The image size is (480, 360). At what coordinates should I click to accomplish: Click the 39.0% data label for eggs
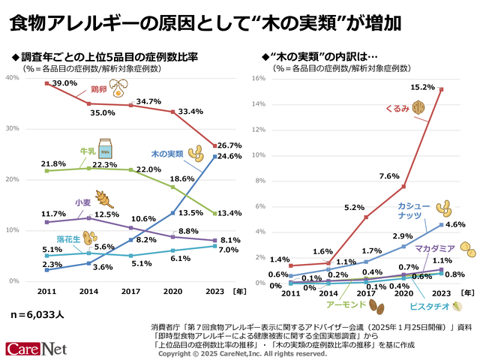[x=64, y=83]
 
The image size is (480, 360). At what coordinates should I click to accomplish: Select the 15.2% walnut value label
[x=423, y=88]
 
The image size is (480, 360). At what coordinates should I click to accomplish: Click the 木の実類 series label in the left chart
[x=167, y=154]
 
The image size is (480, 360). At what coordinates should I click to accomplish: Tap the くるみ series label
[x=397, y=108]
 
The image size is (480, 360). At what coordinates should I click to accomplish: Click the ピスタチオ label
[x=429, y=305]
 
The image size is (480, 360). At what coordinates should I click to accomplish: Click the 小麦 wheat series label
[x=82, y=202]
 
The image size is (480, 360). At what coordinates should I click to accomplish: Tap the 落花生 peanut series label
[x=68, y=238]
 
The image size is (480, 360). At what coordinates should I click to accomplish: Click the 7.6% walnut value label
[x=388, y=176]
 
